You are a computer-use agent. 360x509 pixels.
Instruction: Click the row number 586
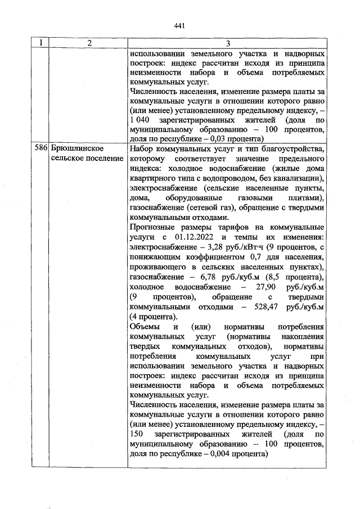(41, 148)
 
